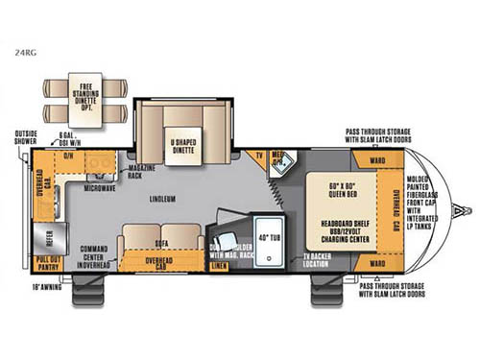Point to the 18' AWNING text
coord(48,285)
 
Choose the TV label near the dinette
coord(256,156)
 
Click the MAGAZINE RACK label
coord(141,172)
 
